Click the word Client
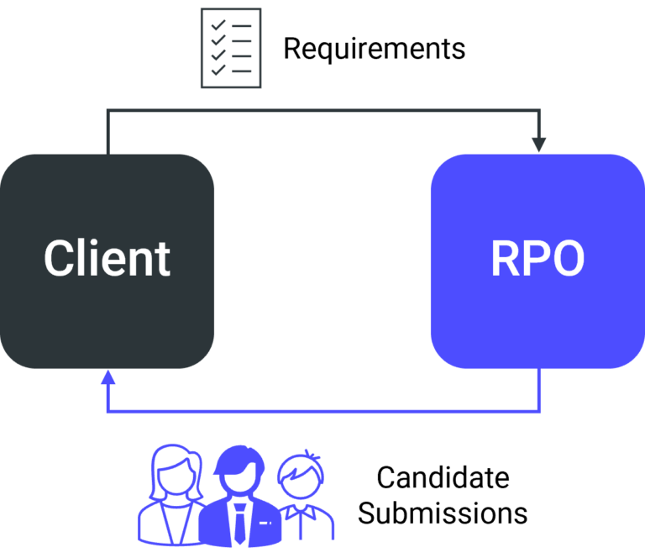coord(107,258)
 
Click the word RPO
coord(537,259)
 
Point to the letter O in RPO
coord(568,259)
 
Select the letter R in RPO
coord(506,259)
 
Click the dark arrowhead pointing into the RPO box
coord(539,145)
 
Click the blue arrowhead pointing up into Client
coord(107,377)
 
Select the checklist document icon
coord(231,48)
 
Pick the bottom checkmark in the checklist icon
coord(218,71)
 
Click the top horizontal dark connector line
coord(323,110)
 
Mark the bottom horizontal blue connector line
coord(323,413)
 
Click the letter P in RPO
coord(537,259)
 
